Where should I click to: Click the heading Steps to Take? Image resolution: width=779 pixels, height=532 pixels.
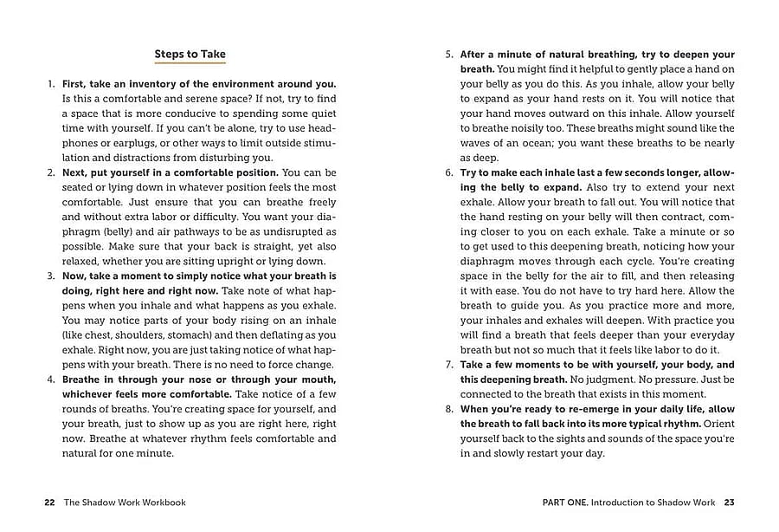[190, 54]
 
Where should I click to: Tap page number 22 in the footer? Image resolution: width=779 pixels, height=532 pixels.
[49, 503]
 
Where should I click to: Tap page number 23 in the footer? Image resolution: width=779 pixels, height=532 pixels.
[730, 503]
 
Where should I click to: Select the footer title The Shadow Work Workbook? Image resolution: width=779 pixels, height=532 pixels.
[125, 503]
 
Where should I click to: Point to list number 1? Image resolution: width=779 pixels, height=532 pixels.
[51, 84]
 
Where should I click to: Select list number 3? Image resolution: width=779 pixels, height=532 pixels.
[51, 276]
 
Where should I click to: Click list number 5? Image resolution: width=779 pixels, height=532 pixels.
[449, 55]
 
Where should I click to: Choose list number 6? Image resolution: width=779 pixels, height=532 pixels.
[449, 172]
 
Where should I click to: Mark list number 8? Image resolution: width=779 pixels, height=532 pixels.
[449, 409]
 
